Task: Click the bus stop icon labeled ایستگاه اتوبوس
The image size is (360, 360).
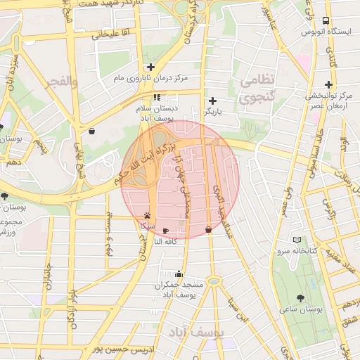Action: [x=325, y=21]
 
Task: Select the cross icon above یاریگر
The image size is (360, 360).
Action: [x=212, y=101]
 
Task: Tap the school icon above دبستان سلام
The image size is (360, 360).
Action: [x=156, y=98]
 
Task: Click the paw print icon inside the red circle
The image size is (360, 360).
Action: [x=147, y=216]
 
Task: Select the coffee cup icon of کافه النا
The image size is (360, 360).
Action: [x=165, y=231]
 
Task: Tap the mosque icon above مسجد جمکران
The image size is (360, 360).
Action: [x=179, y=274]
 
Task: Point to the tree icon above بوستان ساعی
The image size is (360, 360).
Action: [x=301, y=298]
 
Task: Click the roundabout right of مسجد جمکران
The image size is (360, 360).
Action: [x=213, y=281]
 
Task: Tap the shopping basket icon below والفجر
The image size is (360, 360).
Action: [x=92, y=131]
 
